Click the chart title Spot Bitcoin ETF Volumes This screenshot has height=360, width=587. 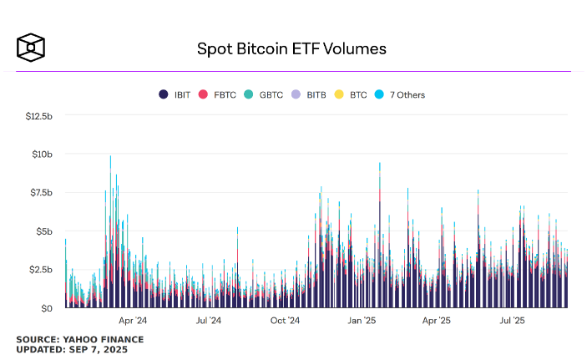coord(291,48)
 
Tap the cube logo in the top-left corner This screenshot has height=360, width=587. coord(30,47)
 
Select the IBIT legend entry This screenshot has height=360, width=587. coord(176,94)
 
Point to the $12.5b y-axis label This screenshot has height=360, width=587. coord(39,115)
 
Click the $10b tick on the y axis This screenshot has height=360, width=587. coord(42,155)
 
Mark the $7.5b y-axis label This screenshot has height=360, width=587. coord(40,193)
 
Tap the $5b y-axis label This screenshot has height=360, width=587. coord(44,231)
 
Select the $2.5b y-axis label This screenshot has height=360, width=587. coord(40,270)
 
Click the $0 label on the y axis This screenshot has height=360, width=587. coord(48,308)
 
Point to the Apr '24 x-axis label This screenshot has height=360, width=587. coord(132,320)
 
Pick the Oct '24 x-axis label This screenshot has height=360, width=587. coord(286,320)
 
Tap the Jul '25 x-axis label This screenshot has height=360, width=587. coord(512,320)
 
